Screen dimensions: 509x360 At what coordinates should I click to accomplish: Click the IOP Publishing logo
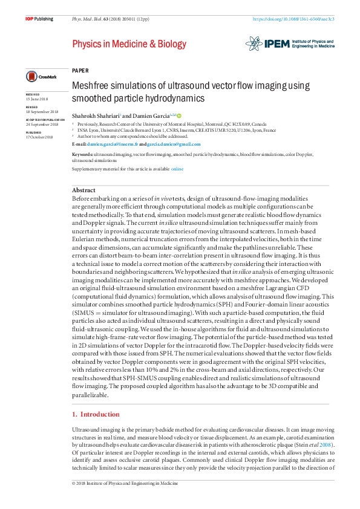[x=39, y=19]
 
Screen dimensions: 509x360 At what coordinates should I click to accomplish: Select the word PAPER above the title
[x=80, y=70]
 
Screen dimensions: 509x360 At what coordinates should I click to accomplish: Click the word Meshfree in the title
[x=91, y=86]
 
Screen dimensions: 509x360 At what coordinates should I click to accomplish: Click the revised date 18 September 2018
[x=42, y=112]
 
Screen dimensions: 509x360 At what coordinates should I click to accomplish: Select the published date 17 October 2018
[x=39, y=137]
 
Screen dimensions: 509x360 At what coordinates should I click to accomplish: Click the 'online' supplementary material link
[x=177, y=169]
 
